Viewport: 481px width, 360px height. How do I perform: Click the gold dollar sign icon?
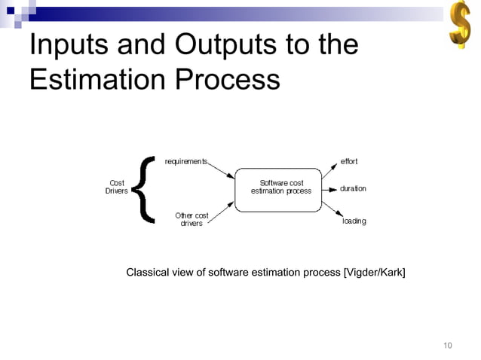460,27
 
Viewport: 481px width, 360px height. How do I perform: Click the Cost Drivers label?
116,187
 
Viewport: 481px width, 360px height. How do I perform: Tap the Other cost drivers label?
191,219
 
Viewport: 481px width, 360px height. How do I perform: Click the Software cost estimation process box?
280,188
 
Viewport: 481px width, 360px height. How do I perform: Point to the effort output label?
349,162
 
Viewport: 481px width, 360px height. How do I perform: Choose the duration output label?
353,188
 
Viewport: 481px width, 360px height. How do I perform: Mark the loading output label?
354,221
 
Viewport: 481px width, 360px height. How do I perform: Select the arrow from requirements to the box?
222,171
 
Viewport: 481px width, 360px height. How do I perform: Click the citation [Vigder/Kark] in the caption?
374,272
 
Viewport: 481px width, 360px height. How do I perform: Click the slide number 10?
448,346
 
